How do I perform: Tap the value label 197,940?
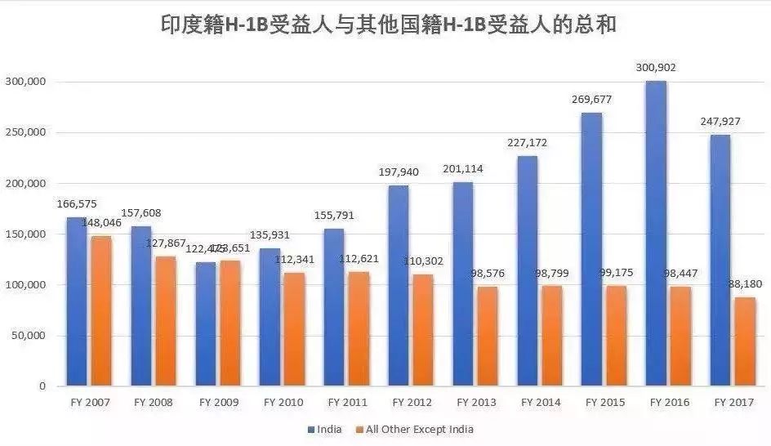(x=399, y=172)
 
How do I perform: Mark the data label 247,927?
(x=720, y=121)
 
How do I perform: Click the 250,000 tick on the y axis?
(x=26, y=133)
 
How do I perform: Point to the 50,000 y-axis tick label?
(x=29, y=336)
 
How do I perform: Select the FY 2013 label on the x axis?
(x=476, y=403)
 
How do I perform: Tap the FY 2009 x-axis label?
(x=219, y=403)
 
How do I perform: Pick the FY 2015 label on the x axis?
(x=605, y=403)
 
